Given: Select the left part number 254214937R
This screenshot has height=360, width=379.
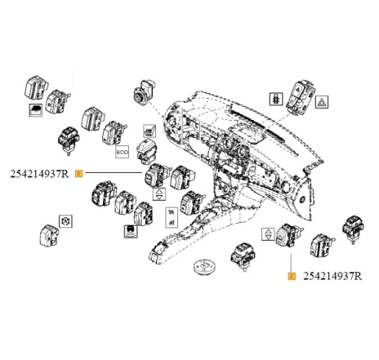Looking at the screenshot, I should (39, 173).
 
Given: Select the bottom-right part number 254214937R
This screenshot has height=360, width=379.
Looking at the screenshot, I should (332, 277).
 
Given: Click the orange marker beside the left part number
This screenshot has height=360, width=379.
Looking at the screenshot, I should (78, 173).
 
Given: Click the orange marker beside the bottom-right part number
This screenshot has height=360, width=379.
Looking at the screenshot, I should (291, 277).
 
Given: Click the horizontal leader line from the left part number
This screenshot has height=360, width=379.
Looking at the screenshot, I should (114, 173).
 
